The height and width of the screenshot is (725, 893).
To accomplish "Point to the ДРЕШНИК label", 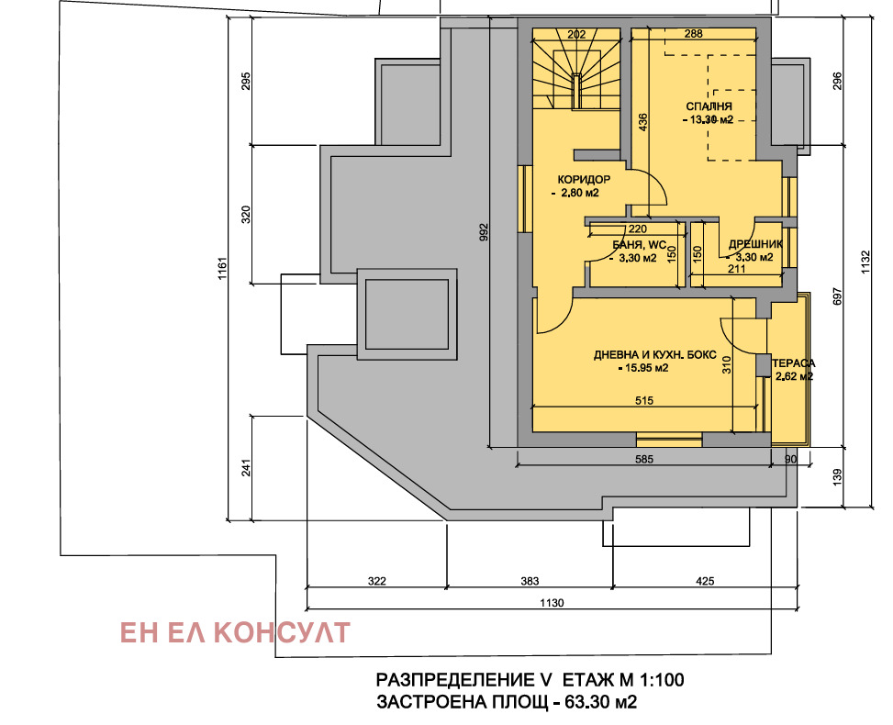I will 754,245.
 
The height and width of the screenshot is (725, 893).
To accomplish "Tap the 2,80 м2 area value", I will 578,194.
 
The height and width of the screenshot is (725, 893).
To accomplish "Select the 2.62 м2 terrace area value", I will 795,376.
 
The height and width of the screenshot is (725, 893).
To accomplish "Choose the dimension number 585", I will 643,459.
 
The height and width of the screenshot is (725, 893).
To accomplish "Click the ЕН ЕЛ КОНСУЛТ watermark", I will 235,632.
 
